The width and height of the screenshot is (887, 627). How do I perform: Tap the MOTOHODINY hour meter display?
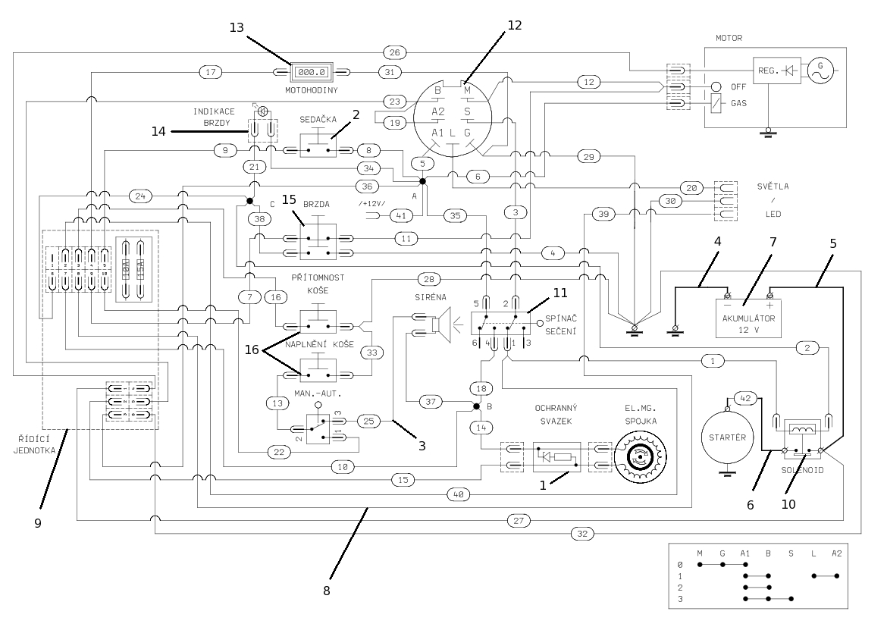[311, 73]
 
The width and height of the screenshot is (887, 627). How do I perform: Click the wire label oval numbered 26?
[394, 52]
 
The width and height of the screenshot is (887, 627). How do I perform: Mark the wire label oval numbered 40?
[457, 494]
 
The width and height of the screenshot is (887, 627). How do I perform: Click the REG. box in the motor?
[768, 69]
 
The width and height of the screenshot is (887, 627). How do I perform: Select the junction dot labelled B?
[477, 407]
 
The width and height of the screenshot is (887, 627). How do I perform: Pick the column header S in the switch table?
[791, 553]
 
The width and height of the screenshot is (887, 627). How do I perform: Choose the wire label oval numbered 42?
[744, 398]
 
